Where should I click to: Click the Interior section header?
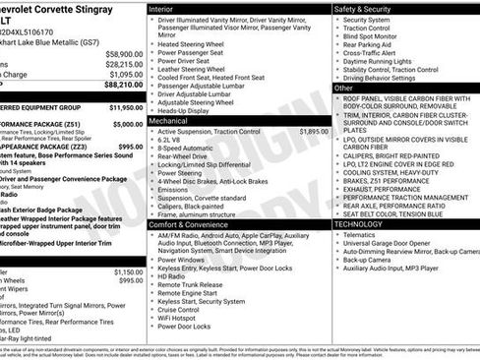coord(162,8)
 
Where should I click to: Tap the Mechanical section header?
coord(170,121)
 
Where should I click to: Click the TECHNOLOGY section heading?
coord(359,225)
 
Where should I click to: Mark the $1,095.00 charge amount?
coord(127,75)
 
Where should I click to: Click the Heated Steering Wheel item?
coord(194,44)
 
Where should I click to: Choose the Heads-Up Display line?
coord(186,111)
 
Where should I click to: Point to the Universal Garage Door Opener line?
coord(393,245)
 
